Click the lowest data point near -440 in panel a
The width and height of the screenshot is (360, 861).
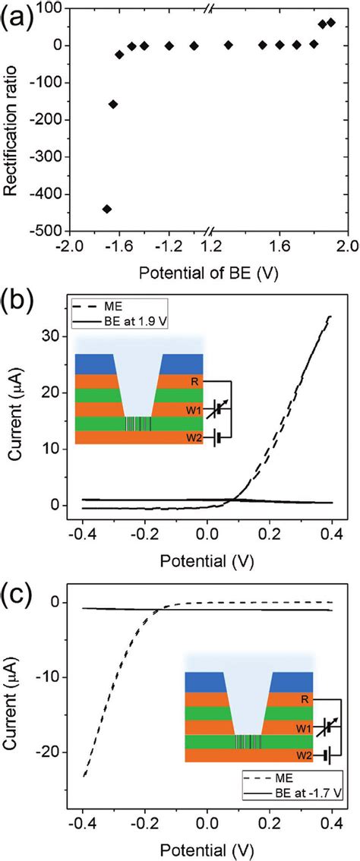pos(107,209)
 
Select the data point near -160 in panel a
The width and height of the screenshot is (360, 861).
pos(113,104)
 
